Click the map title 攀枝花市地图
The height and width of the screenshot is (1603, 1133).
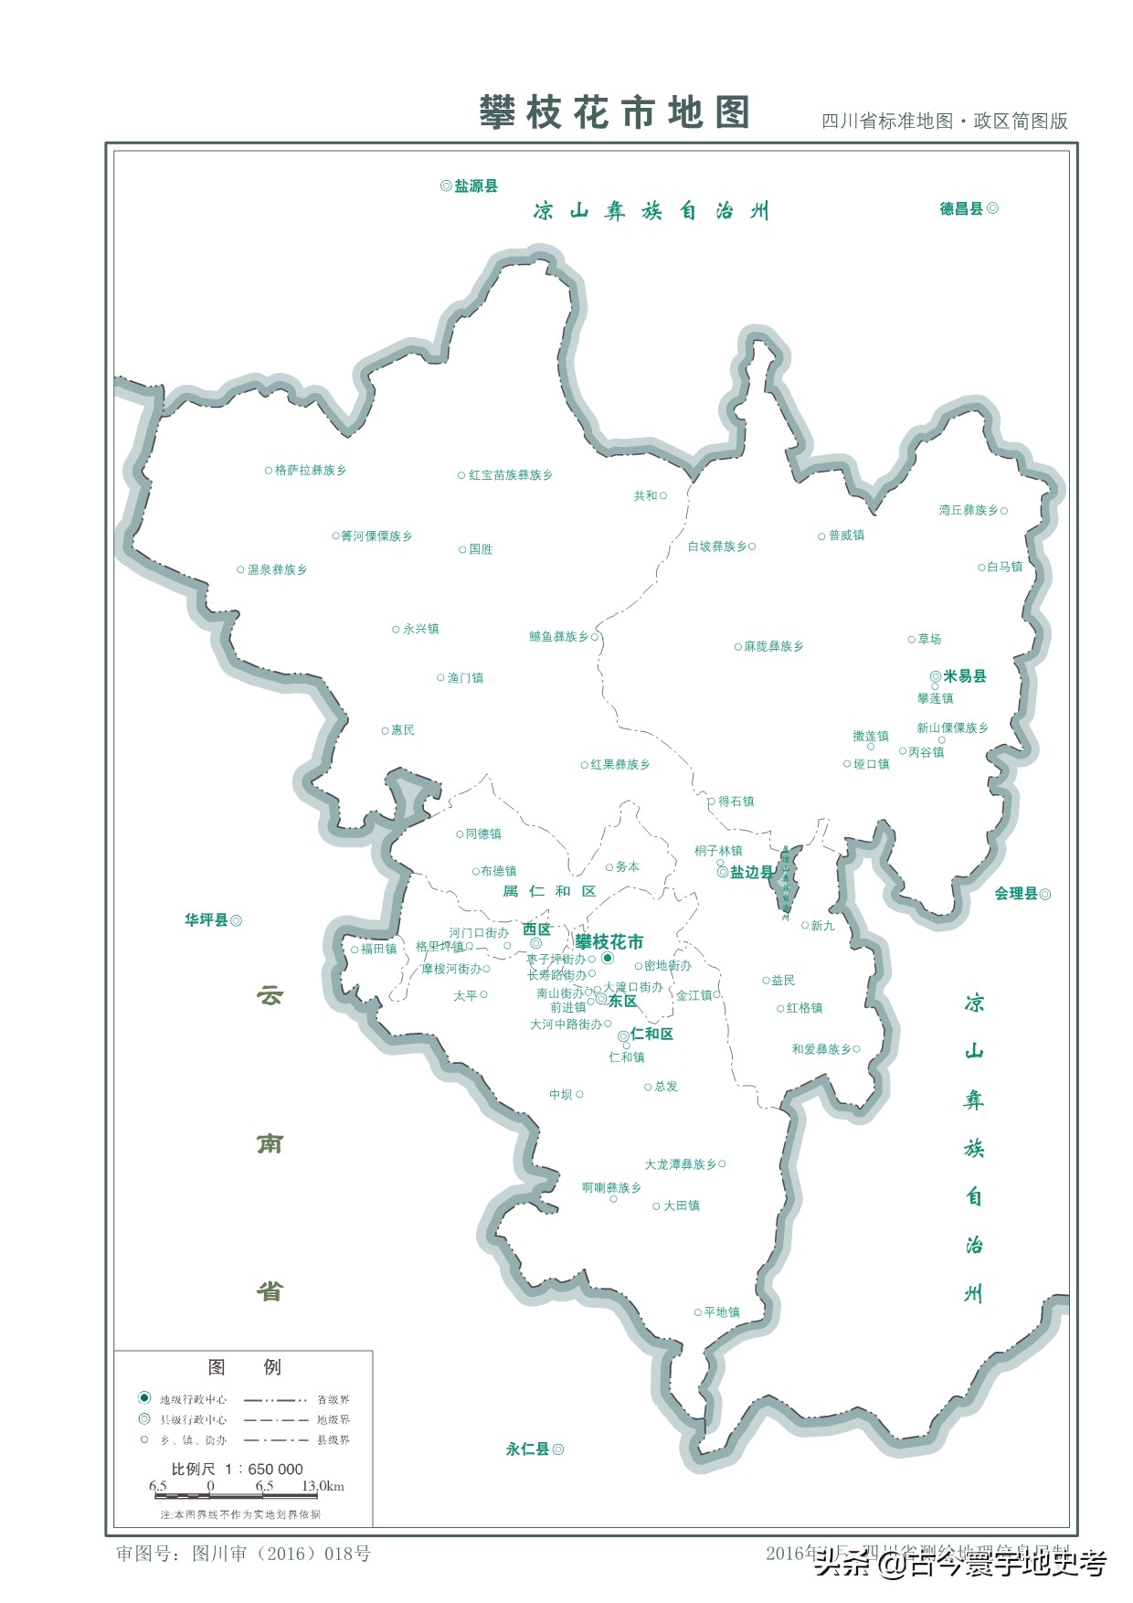614,113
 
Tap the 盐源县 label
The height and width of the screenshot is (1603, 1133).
475,186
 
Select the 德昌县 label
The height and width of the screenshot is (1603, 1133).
961,209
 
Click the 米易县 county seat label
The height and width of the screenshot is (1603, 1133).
964,676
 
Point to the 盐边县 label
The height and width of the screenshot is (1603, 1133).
751,873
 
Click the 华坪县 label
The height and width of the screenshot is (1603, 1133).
206,920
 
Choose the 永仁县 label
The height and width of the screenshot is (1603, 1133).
527,1449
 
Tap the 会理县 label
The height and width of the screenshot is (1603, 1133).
1016,894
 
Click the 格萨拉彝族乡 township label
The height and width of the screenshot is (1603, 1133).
311,471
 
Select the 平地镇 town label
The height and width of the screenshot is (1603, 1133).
722,1312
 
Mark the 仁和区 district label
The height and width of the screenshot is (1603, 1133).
651,1035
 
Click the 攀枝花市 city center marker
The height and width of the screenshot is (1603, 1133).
607,958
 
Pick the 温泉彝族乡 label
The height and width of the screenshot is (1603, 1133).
277,570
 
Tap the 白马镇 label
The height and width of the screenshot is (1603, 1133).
1005,568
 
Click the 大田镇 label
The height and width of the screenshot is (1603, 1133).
682,1206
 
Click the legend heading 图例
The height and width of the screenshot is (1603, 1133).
244,1367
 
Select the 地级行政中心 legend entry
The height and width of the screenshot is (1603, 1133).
193,1399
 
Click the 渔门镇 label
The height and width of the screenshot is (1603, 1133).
465,678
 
